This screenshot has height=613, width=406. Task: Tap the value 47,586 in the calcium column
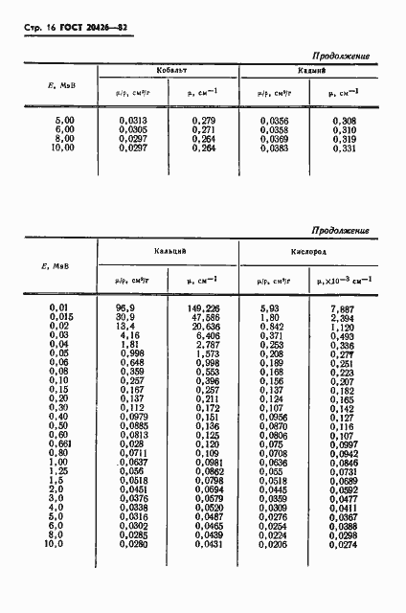207,315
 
